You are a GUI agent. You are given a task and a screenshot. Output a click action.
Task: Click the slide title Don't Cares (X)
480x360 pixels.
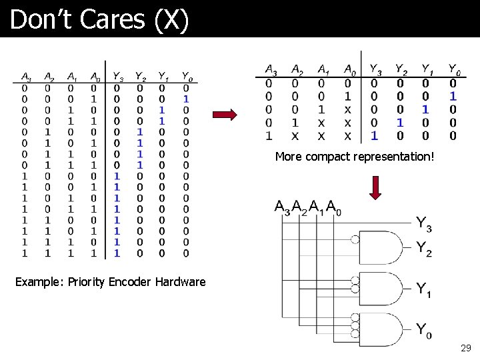100,19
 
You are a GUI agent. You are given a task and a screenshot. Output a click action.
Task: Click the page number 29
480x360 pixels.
466,348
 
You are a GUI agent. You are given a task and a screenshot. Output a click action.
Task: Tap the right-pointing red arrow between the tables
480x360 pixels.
226,115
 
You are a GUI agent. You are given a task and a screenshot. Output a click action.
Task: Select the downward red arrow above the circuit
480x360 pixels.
376,188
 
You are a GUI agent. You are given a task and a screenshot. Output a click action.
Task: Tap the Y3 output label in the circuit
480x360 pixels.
424,224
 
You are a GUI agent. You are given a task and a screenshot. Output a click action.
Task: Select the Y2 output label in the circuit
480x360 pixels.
424,249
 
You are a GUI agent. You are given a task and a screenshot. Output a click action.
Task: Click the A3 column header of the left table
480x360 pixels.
25,76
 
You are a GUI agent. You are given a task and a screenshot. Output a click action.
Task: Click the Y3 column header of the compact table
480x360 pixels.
375,69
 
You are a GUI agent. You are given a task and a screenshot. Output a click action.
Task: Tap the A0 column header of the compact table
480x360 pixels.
349,69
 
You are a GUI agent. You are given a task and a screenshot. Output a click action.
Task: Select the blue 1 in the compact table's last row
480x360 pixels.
374,135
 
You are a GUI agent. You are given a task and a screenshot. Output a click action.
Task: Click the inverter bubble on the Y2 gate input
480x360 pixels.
355,240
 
